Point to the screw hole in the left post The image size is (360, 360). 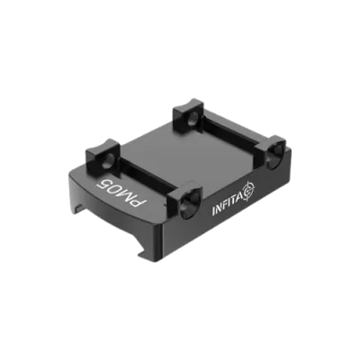tap(108, 159)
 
